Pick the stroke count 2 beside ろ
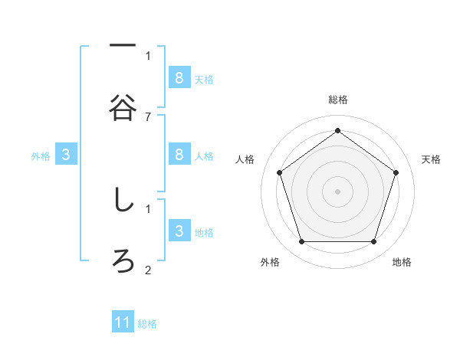(x=148, y=270)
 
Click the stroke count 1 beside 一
(x=148, y=55)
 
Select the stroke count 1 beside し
(x=148, y=208)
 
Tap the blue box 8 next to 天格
(x=179, y=77)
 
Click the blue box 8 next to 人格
(x=179, y=154)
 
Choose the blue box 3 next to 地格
(x=179, y=231)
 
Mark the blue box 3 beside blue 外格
(x=66, y=155)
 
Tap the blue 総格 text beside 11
(x=147, y=324)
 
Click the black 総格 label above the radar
(x=338, y=100)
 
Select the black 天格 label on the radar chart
(x=432, y=159)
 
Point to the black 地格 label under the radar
(x=402, y=262)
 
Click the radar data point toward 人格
(x=280, y=172)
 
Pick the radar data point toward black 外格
(x=301, y=242)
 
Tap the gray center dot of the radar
(x=338, y=191)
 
